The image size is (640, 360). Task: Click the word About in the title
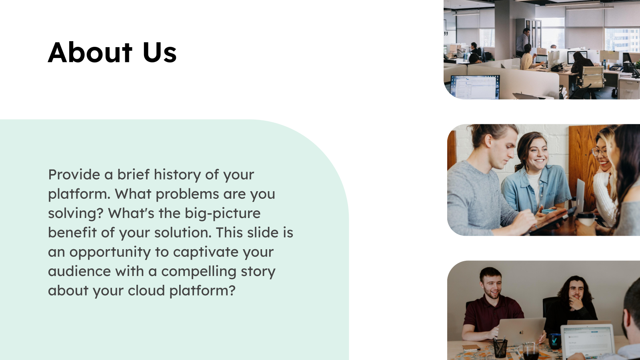point(90,52)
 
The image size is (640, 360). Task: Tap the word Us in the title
point(159,52)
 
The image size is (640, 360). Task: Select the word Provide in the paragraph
point(74,174)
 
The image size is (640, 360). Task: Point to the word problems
point(187,194)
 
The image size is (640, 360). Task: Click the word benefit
point(72,232)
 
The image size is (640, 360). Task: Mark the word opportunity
point(110,252)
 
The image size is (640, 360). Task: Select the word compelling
point(198,271)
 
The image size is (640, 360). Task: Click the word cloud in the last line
point(146,290)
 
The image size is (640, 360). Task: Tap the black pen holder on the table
point(500,348)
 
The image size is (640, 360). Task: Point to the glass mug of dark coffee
point(530,352)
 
